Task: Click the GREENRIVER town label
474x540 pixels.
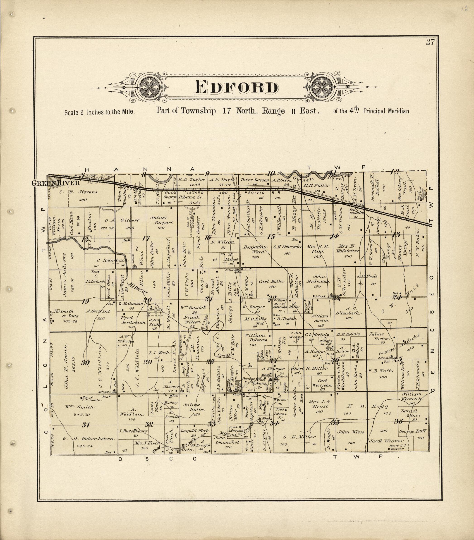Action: pyautogui.click(x=55, y=183)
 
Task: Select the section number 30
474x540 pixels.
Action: pyautogui.click(x=85, y=363)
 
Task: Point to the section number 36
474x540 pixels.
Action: pyautogui.click(x=398, y=421)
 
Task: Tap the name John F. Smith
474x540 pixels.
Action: pyautogui.click(x=67, y=366)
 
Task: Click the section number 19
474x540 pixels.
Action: pyautogui.click(x=85, y=301)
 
